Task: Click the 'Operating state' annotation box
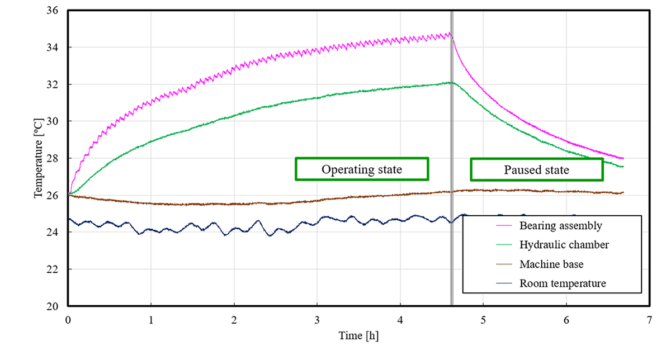[x=361, y=169]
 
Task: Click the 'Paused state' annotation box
[x=536, y=170]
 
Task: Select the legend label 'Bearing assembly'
[x=560, y=226]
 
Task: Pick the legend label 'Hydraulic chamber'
[x=564, y=245]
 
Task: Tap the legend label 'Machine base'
[x=551, y=264]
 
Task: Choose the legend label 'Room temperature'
[x=563, y=283]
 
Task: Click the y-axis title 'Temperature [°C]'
[x=39, y=159]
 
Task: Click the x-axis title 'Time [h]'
[x=358, y=336]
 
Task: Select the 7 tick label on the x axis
[x=649, y=320]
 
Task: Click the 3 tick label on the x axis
[x=317, y=320]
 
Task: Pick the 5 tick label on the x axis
[x=483, y=320]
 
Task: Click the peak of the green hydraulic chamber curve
[x=451, y=82]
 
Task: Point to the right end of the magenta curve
[x=623, y=159]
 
